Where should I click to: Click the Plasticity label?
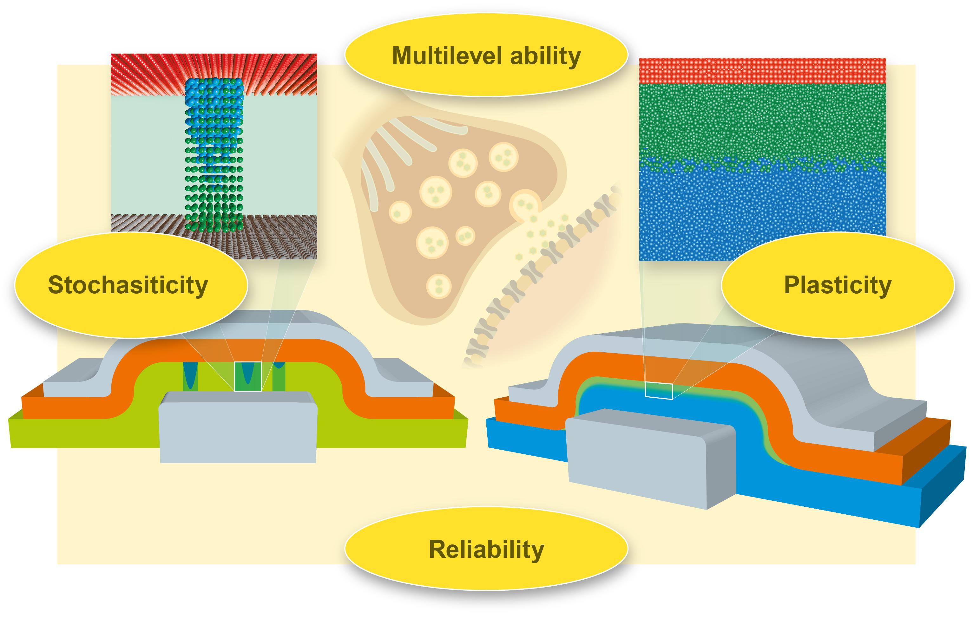838,285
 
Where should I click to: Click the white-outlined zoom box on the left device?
248,376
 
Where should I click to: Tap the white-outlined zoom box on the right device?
659,391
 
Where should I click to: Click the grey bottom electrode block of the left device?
238,432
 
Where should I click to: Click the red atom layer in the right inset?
762,71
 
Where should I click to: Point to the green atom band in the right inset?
762,121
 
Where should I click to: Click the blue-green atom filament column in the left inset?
214,153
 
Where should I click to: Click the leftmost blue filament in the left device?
190,376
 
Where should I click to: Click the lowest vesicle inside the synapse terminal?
438,286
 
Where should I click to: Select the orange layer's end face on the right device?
925,452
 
